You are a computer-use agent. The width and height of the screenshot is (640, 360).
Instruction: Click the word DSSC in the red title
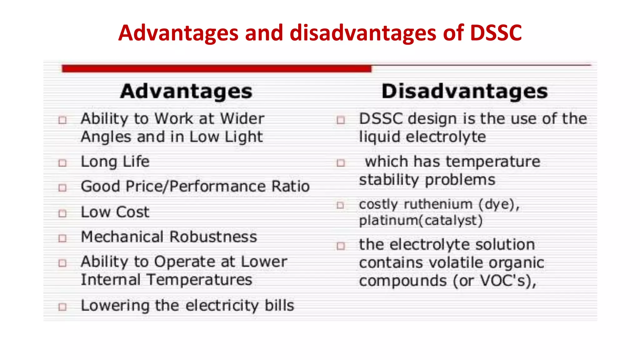coord(496,33)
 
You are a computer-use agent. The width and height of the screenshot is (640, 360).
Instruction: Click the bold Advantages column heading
coord(186,91)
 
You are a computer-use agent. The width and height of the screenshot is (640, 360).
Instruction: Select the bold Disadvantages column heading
coord(464,91)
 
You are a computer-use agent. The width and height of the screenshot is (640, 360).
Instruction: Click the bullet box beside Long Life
coord(63,163)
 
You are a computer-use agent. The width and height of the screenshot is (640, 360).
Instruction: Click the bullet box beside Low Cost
coord(63,213)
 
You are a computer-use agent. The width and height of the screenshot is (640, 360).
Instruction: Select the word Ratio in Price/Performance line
coord(290,187)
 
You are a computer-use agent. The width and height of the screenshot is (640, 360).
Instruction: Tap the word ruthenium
coord(438,204)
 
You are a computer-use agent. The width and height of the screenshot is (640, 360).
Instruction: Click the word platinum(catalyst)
coord(421,221)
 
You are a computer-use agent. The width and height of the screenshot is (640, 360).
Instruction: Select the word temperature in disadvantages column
coord(493,162)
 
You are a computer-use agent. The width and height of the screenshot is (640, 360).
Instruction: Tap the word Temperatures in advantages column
coord(199,280)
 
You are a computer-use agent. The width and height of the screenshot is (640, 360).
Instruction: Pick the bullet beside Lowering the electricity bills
coord(63,307)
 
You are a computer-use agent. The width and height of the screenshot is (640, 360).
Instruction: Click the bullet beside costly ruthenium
coord(340,205)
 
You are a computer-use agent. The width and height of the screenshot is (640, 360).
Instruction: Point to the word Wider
coord(242,119)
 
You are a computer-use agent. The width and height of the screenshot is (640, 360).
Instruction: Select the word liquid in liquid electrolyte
coord(379,137)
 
